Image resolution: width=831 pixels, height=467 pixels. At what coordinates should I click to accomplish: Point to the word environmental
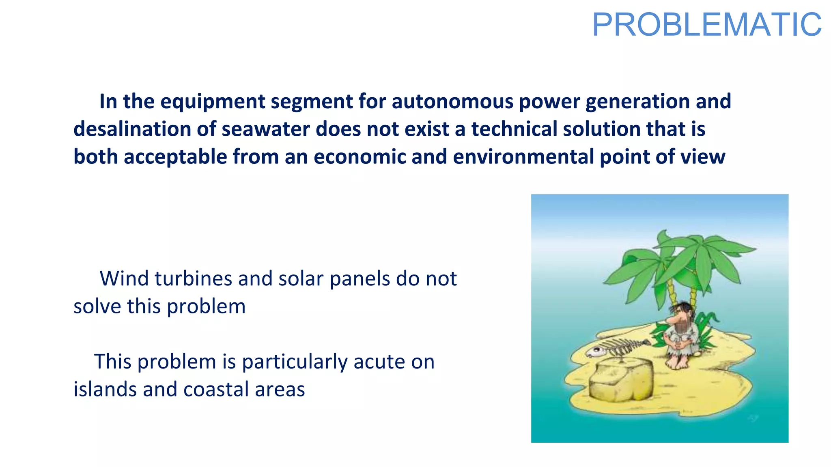523,156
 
